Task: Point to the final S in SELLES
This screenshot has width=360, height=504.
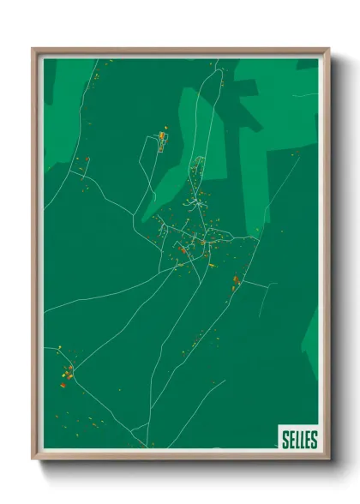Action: point(314,440)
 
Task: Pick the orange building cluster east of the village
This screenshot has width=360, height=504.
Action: point(236,280)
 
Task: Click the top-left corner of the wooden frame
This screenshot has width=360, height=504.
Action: point(33,50)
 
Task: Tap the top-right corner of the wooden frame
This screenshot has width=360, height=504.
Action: point(327,50)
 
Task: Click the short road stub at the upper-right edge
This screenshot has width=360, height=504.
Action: point(304,95)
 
